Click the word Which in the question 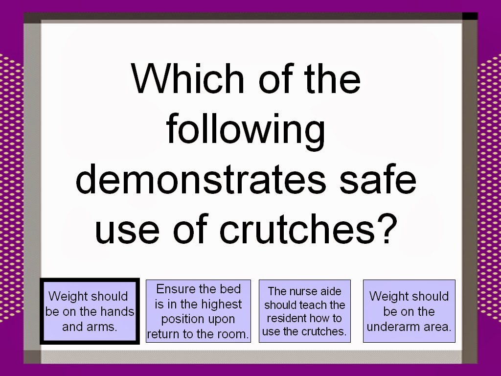[x=188, y=78]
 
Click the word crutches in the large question [x=297, y=228]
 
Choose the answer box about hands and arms [x=90, y=311]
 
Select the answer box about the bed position [x=198, y=311]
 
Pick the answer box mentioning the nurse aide [x=304, y=311]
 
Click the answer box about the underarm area [x=409, y=311]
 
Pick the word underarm [x=389, y=327]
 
